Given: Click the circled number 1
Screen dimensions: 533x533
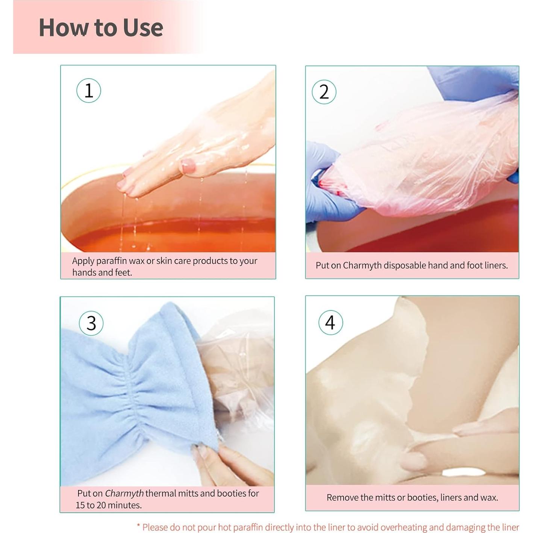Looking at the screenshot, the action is pyautogui.click(x=88, y=91).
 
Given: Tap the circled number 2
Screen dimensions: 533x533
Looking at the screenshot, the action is pyautogui.click(x=324, y=92).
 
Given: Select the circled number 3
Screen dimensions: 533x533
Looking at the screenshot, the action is pyautogui.click(x=91, y=323).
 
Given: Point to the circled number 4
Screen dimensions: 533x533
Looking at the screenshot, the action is pyautogui.click(x=330, y=323).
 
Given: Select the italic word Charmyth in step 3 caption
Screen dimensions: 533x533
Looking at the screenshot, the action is pyautogui.click(x=124, y=494).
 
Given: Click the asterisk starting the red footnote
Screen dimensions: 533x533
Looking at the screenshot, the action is pyautogui.click(x=139, y=524).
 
